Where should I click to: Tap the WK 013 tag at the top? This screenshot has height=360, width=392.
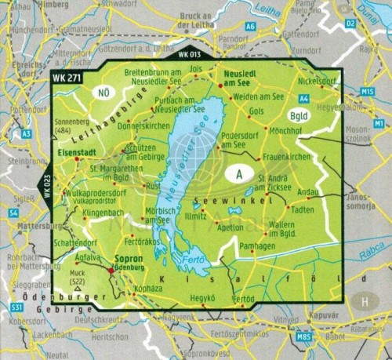coord(190,55)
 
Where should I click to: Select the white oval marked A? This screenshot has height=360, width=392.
coord(238,175)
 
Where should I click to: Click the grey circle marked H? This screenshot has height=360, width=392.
coord(363,299)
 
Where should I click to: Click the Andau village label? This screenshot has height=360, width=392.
coord(308,191)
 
